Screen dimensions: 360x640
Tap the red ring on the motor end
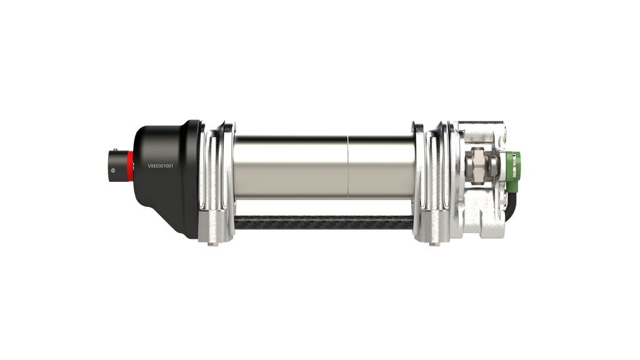(x=129, y=164)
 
